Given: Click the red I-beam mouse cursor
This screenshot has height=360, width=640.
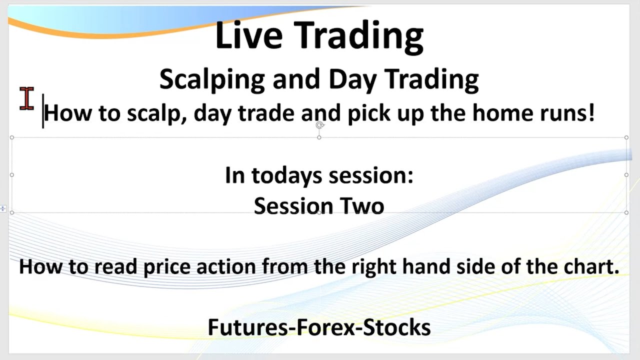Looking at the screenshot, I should coord(27,98).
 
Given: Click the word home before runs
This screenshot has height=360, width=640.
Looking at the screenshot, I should coord(502,113).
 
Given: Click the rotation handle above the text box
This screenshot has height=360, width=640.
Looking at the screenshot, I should coord(319,125).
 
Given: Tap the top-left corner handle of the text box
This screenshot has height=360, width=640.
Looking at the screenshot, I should coord(12,137).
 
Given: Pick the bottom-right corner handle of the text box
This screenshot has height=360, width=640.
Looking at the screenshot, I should coord(626,212).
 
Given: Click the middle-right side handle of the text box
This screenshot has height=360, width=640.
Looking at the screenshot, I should coord(626,175).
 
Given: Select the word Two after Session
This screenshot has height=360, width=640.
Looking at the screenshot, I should coord(362,206).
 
